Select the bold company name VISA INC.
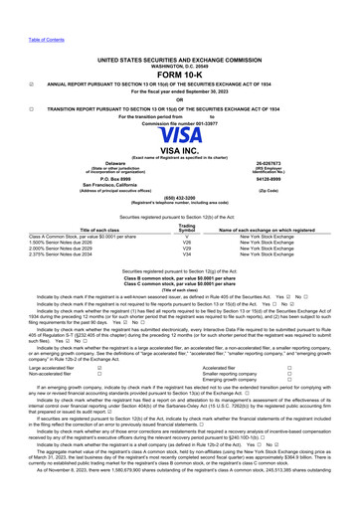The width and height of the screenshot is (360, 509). click(x=180, y=149)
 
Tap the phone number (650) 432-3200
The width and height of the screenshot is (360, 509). click(x=180, y=198)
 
